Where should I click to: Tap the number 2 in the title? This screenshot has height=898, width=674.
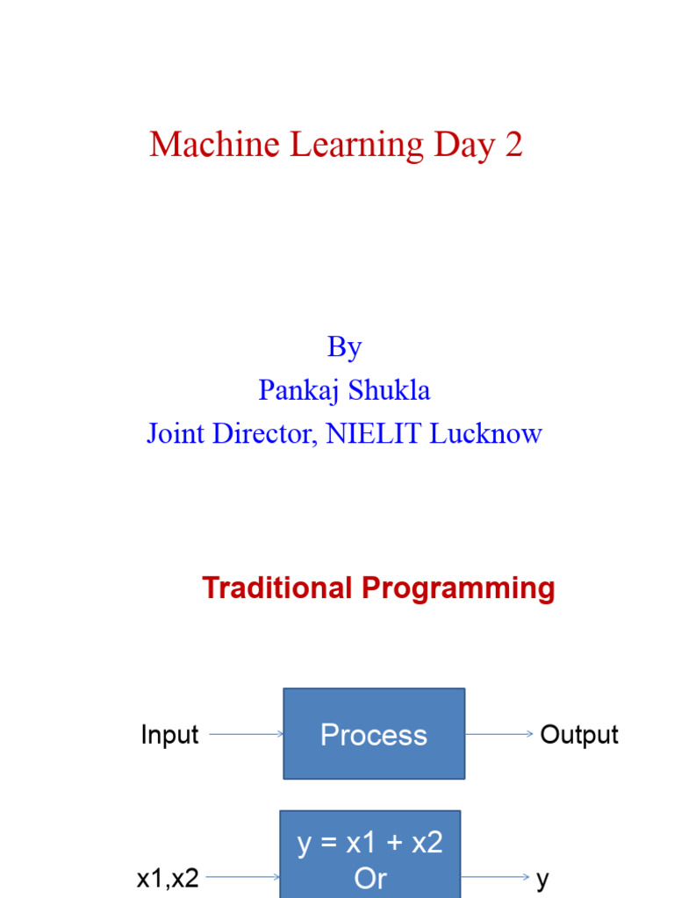pyautogui.click(x=514, y=145)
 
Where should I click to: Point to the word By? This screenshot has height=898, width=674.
pyautogui.click(x=344, y=348)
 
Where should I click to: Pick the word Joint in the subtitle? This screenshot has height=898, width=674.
pyautogui.click(x=173, y=433)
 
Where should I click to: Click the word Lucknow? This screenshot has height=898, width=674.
pyautogui.click(x=485, y=433)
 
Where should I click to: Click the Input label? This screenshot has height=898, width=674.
pyautogui.click(x=169, y=735)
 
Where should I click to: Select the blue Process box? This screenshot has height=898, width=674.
pyautogui.click(x=374, y=734)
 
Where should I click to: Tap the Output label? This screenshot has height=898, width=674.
pyautogui.click(x=579, y=735)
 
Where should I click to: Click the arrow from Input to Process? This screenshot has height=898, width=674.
pyautogui.click(x=246, y=735)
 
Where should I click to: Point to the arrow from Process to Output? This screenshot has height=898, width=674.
pyautogui.click(x=498, y=735)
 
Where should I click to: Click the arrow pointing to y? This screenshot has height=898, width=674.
pyautogui.click(x=495, y=877)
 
